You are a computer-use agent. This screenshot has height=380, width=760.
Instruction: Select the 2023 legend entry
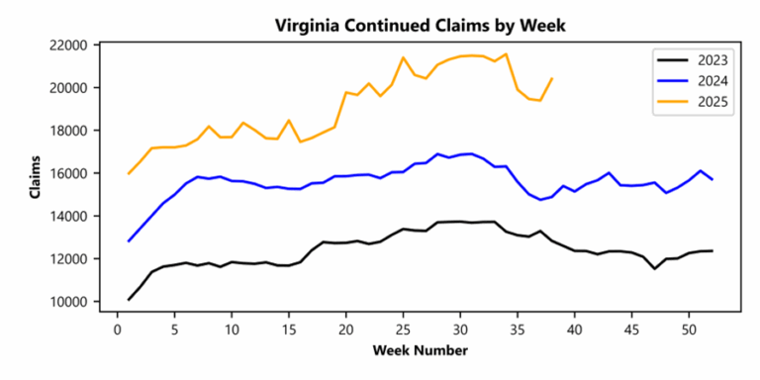pos(708,61)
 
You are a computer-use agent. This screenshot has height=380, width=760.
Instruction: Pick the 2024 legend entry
pos(708,81)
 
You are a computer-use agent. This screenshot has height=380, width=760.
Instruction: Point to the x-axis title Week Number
pos(420,350)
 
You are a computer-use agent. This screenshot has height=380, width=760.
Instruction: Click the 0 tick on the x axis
pos(118,329)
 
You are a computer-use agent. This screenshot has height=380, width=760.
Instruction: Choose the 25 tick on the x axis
pos(403,329)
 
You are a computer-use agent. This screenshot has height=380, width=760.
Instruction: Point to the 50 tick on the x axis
pos(689,329)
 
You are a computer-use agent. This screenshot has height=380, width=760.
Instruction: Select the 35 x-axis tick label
pos(518,329)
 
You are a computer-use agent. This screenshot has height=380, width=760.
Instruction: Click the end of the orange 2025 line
pos(551,78)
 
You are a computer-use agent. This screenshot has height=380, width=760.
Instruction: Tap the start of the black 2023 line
pos(129,300)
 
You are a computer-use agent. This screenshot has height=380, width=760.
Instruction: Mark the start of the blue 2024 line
pos(129,241)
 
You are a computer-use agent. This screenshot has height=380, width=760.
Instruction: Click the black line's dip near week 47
pos(654,268)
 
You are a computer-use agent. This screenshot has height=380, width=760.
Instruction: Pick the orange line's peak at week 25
pos(403,57)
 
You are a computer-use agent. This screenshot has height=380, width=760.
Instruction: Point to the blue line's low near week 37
pos(540,200)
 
